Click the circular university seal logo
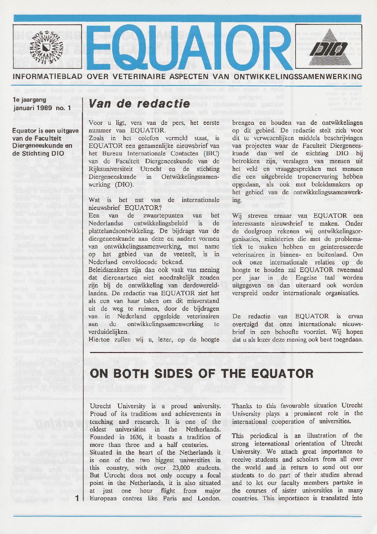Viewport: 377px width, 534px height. tap(46, 47)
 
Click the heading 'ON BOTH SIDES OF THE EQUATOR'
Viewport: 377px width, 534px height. tap(201, 373)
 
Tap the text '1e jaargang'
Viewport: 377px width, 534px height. tap(30, 100)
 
